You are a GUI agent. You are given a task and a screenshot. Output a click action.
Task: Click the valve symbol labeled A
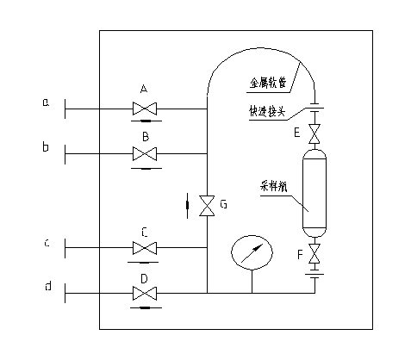[x=145, y=109]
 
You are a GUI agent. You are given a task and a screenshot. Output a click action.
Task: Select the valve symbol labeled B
[x=145, y=154]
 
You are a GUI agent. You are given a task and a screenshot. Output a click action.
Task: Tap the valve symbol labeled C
[x=145, y=248]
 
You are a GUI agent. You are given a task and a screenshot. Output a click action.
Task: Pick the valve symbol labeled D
[x=145, y=294]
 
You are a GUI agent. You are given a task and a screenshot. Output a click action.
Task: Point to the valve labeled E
[x=314, y=134]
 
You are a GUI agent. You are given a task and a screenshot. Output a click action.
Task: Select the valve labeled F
[x=314, y=256]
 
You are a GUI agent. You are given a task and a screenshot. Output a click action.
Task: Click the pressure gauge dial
[x=252, y=252]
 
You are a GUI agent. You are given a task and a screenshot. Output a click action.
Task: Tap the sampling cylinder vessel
[x=314, y=194]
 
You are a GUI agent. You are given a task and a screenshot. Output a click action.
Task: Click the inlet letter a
[x=46, y=103]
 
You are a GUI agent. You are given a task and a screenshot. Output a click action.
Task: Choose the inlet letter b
[x=46, y=147]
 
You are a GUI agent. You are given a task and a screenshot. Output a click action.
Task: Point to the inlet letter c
[x=46, y=243]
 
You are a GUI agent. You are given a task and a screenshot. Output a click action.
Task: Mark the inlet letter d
[x=46, y=287]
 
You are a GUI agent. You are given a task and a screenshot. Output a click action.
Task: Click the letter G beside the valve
[x=223, y=205]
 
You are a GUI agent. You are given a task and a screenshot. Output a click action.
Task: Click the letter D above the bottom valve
[x=145, y=277]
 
